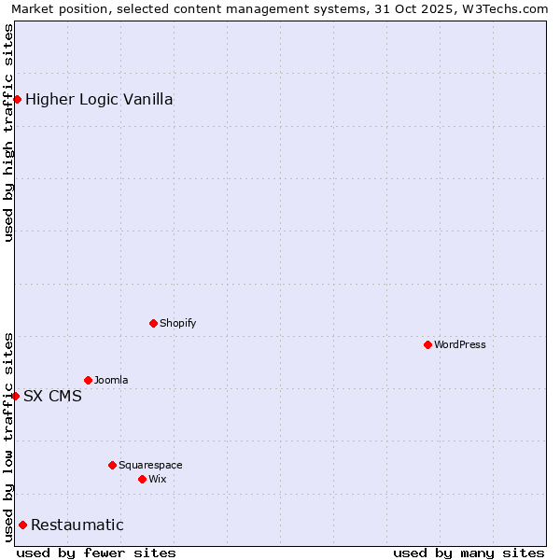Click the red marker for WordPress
tap(427, 344)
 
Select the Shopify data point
tap(153, 323)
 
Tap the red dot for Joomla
tap(88, 380)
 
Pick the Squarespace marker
tap(112, 465)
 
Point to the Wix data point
tap(142, 479)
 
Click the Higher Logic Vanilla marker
tap(17, 99)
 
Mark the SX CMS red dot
tap(15, 396)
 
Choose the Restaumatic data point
tap(22, 525)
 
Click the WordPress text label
tap(460, 344)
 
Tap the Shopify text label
tap(177, 323)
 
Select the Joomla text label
tap(111, 380)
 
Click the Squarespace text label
tap(150, 465)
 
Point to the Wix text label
tap(157, 479)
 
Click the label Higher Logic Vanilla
tap(99, 99)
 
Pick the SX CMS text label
tap(52, 396)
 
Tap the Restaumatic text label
tap(77, 525)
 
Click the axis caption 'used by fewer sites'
tap(96, 553)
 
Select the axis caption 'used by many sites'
tap(469, 553)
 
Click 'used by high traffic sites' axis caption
tap(8, 133)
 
